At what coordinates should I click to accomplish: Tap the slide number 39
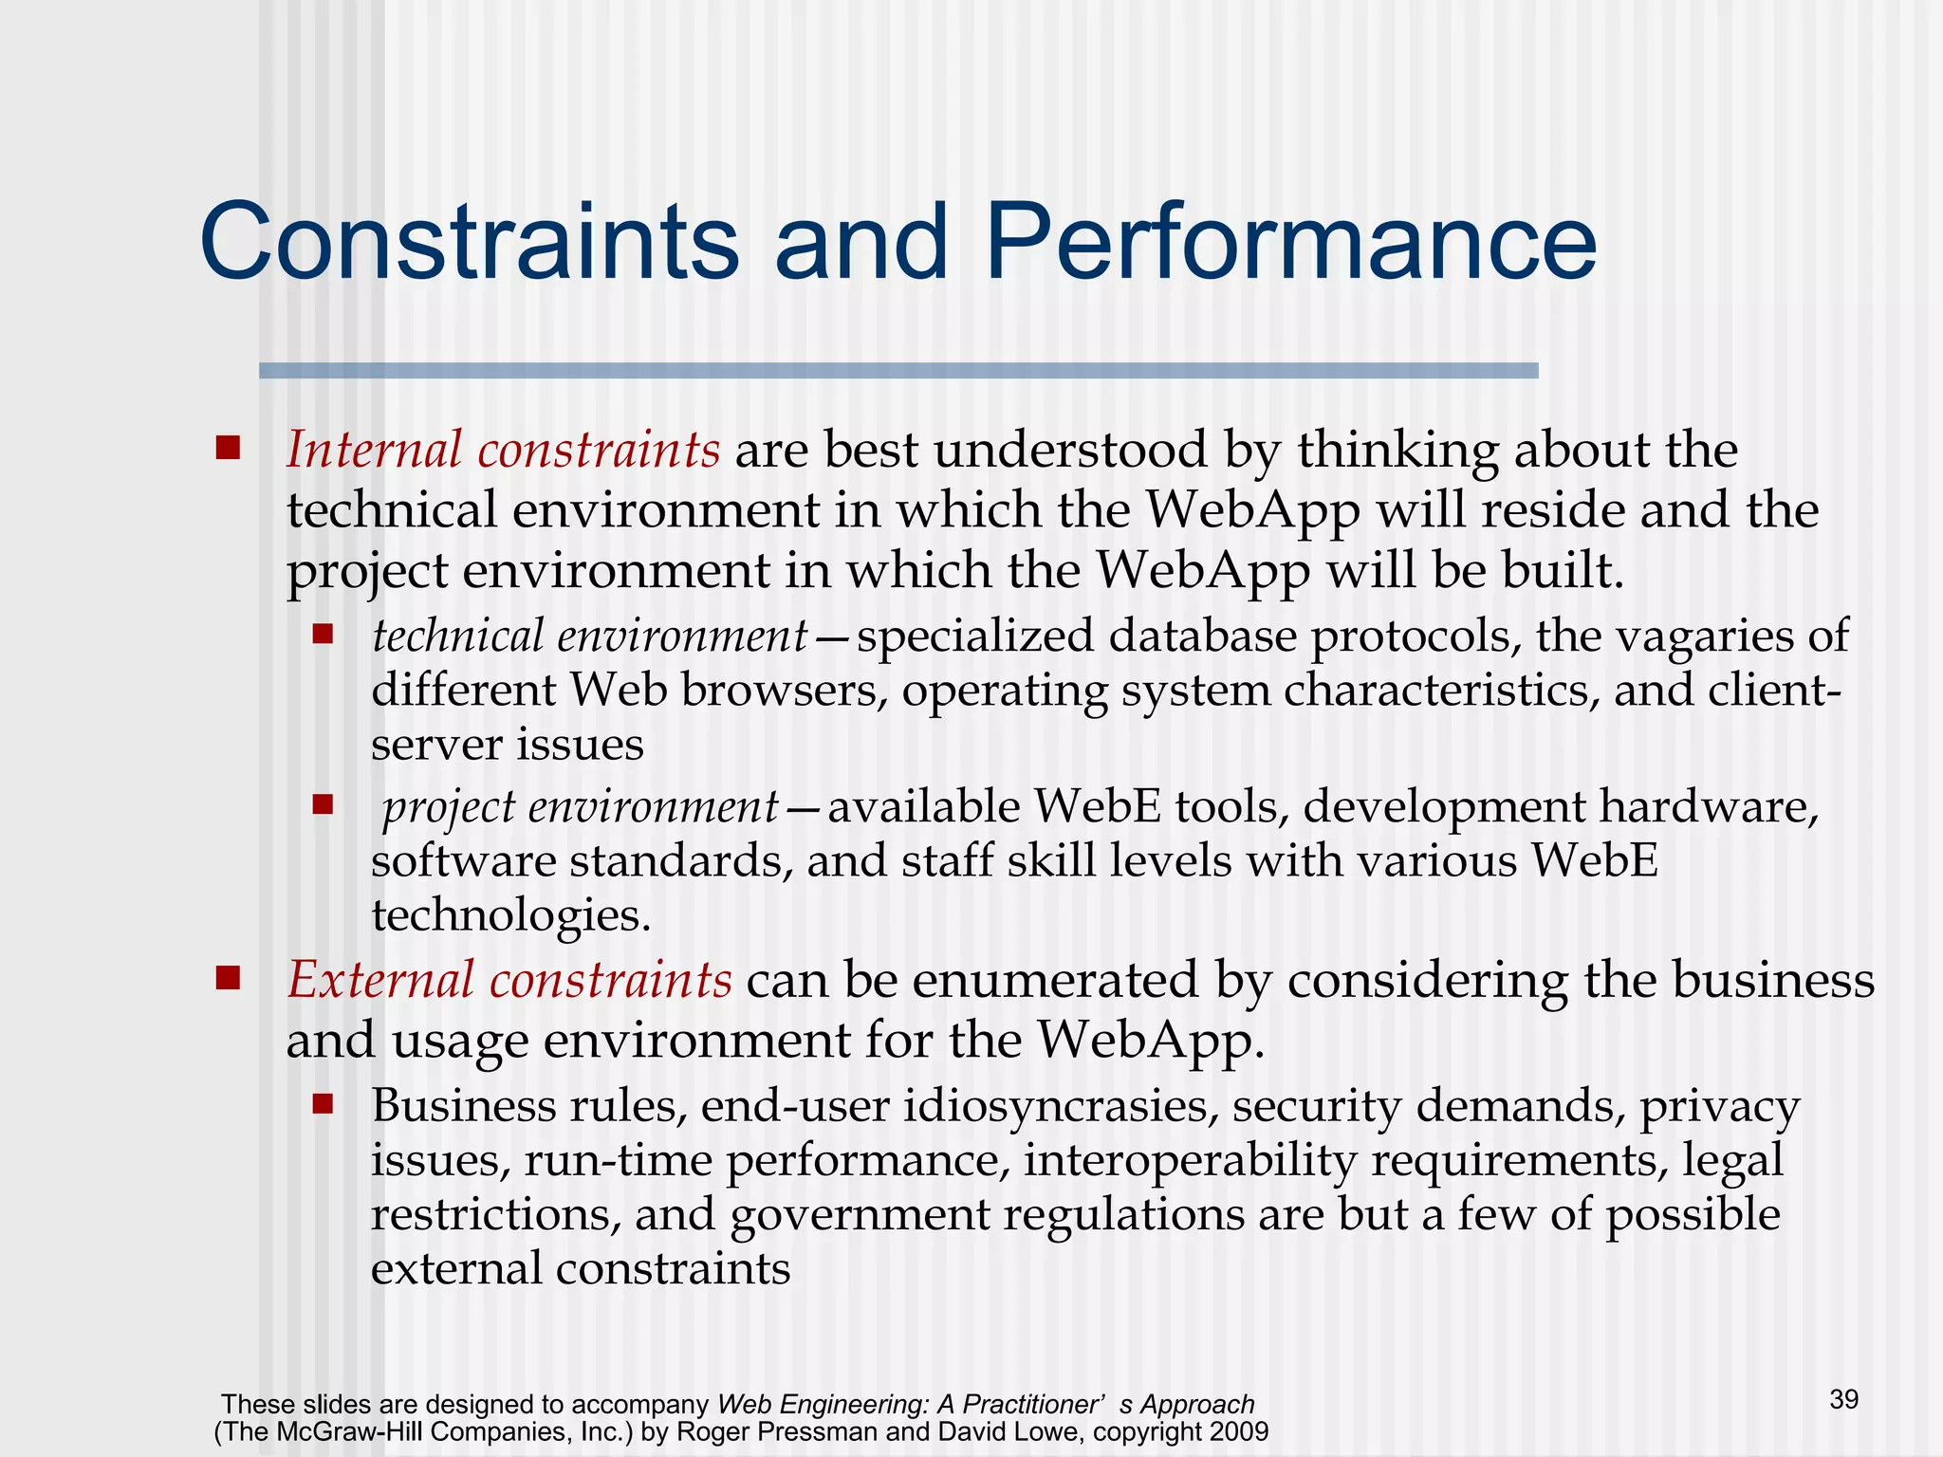pos(1843,1399)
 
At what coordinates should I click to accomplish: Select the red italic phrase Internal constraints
pos(503,450)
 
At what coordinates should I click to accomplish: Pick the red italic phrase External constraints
pos(509,980)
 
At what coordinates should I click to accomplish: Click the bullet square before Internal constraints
pos(228,447)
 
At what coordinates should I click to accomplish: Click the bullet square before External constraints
pos(228,977)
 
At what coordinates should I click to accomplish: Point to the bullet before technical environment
pos(323,634)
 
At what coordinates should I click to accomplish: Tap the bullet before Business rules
pos(323,1103)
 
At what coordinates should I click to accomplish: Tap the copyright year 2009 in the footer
pos(1235,1431)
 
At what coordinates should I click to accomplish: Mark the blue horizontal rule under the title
pos(897,371)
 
